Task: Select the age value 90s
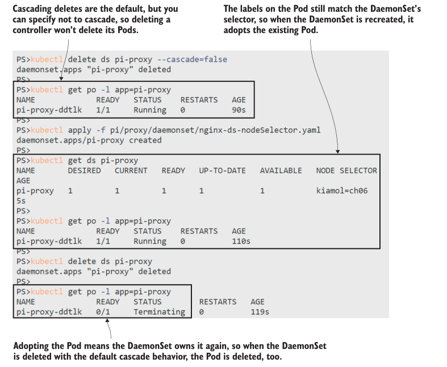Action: [x=239, y=110]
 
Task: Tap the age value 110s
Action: [x=241, y=241]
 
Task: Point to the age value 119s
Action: [x=260, y=312]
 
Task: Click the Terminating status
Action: [x=159, y=312]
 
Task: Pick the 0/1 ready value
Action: [x=103, y=312]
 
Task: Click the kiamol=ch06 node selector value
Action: [x=342, y=191]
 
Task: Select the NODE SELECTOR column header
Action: [x=346, y=170]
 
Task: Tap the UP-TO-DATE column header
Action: [x=222, y=170]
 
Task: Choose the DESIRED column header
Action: [x=84, y=170]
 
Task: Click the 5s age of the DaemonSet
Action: [x=21, y=201]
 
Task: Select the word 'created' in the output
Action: [x=145, y=140]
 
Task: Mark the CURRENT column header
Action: [x=131, y=170]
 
